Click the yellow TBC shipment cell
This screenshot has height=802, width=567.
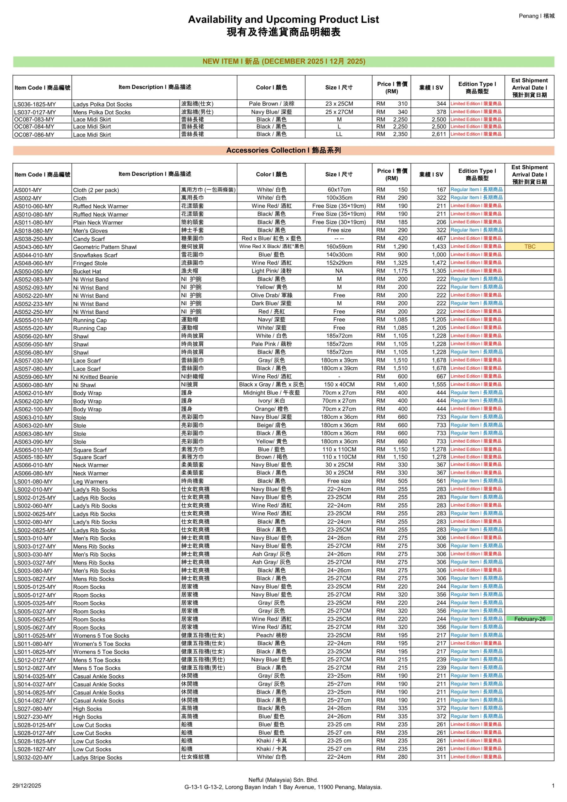[529, 247]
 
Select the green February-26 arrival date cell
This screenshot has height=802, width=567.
[529, 619]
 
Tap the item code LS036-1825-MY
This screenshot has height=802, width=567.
[35, 104]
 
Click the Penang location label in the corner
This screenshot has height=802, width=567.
[536, 16]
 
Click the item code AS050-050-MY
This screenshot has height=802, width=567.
[34, 271]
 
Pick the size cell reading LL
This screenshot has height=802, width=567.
[339, 134]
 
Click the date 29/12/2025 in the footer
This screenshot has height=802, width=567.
[27, 786]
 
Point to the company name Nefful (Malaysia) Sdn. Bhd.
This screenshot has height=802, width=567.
[283, 780]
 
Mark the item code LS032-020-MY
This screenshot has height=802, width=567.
[34, 758]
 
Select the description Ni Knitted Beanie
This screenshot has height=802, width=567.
[95, 377]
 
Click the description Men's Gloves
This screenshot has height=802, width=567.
[91, 231]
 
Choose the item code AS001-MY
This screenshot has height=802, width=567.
[28, 190]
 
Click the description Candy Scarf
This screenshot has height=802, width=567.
[89, 239]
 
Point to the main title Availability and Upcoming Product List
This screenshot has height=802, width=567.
[283, 19]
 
